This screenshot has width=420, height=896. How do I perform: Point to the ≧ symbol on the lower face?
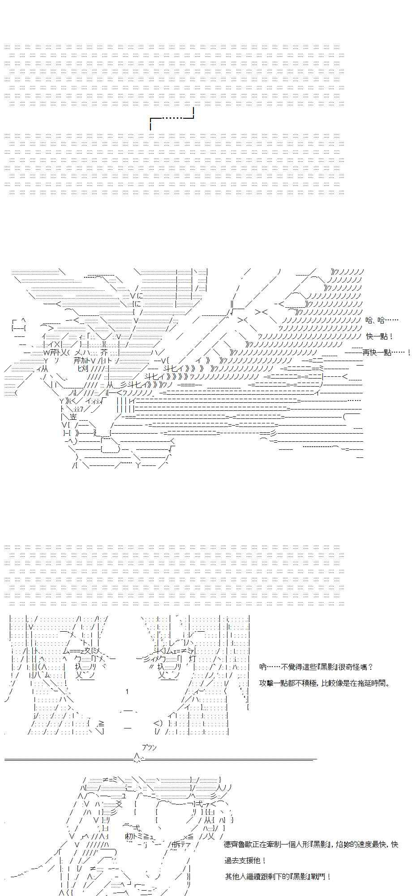[101, 723]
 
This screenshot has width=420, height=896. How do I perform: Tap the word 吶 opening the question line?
[262, 667]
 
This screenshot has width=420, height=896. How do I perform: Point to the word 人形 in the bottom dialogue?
[299, 844]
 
